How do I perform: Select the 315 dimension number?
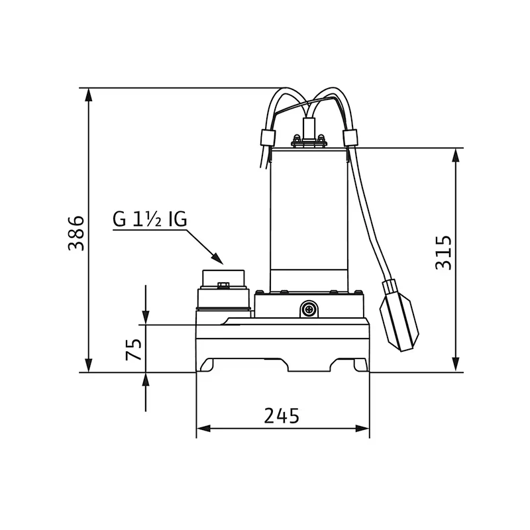click(443, 253)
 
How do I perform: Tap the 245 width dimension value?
click(282, 415)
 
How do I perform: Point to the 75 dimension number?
click(134, 349)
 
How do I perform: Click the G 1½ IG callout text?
click(150, 220)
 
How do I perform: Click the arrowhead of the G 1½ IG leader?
click(217, 258)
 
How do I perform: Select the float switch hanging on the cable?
click(399, 315)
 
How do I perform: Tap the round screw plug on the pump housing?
click(309, 309)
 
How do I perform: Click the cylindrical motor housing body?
click(309, 219)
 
